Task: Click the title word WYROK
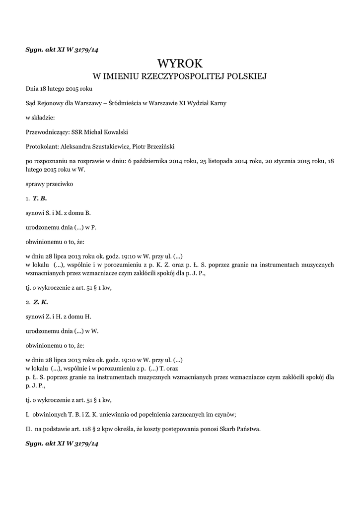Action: pos(180,63)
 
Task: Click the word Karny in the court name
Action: pos(217,103)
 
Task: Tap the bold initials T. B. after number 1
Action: pos(40,198)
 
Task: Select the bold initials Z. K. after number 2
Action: pos(41,302)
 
